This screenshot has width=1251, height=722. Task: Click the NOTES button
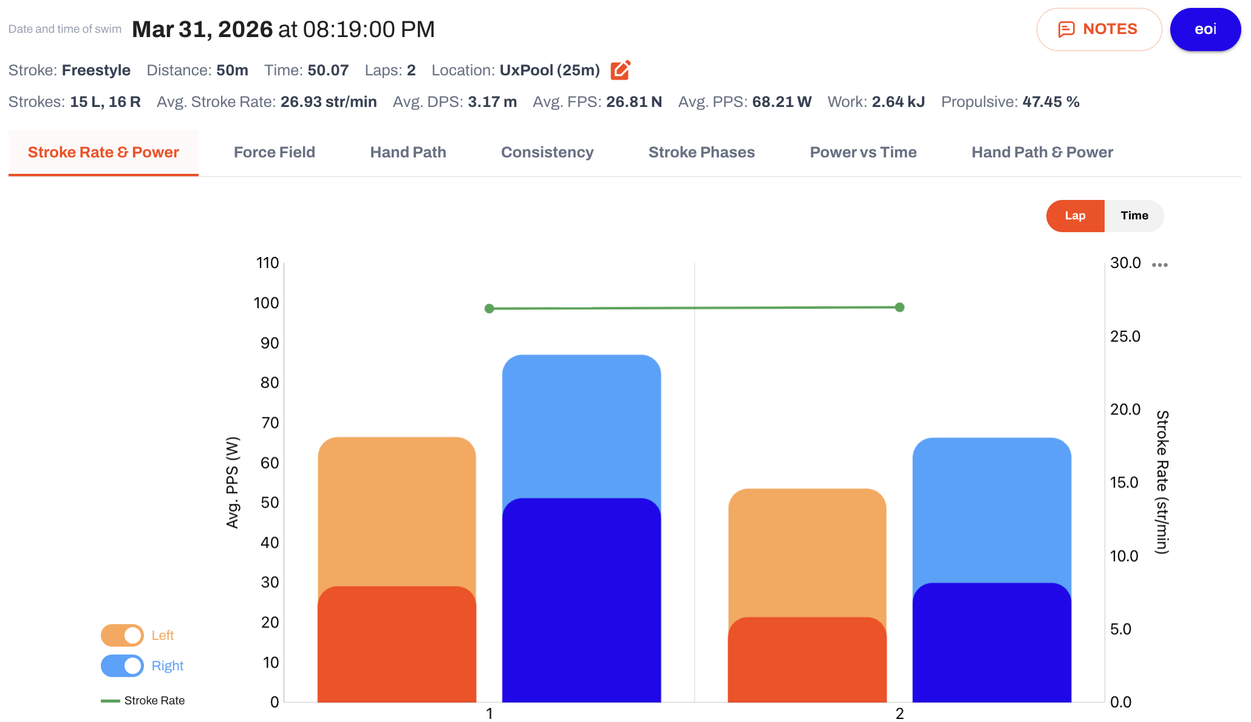coord(1099,29)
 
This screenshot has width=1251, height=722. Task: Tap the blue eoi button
coord(1205,29)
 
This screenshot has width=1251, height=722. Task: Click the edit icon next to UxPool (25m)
coord(620,70)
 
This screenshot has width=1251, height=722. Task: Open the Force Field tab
coord(274,152)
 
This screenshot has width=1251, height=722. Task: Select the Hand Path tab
coord(408,152)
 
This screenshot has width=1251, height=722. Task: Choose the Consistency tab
coord(547,152)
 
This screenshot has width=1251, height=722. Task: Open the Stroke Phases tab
coord(701,152)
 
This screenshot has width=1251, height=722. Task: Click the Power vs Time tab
coord(863,152)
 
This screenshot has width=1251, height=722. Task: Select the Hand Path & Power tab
coord(1042,152)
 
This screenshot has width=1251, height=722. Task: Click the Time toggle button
coord(1134,216)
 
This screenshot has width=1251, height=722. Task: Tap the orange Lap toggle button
coord(1075,216)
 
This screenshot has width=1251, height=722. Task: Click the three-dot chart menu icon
coord(1160,265)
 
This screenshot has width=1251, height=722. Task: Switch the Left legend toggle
coord(122,635)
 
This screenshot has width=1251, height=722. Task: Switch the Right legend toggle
coord(122,665)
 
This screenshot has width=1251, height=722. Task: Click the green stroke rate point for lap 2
coord(900,308)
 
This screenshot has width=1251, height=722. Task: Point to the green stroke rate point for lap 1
coord(489,309)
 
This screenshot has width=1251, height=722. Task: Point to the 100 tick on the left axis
coord(266,303)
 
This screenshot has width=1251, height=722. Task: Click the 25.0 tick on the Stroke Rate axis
coord(1125,336)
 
